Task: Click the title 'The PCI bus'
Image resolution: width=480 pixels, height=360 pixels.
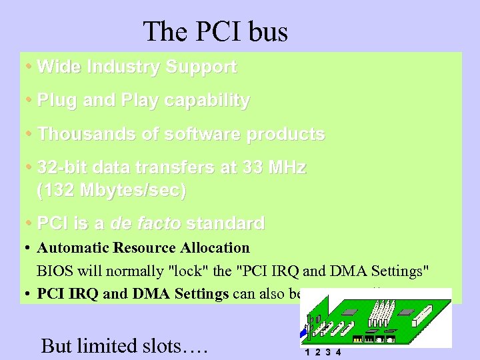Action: pyautogui.click(x=215, y=31)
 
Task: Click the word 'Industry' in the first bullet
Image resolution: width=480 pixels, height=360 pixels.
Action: pyautogui.click(x=118, y=67)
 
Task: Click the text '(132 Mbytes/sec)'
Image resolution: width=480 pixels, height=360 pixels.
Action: pyautogui.click(x=112, y=190)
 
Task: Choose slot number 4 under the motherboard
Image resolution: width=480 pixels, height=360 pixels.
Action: pyautogui.click(x=339, y=353)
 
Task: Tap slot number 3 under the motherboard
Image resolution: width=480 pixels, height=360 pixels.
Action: pyautogui.click(x=328, y=353)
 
